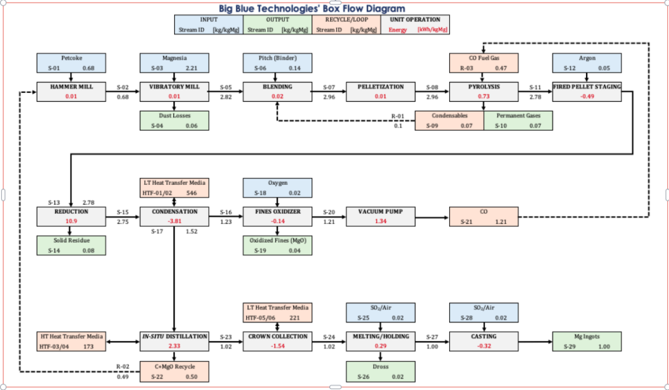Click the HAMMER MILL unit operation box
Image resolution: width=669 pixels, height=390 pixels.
click(x=71, y=91)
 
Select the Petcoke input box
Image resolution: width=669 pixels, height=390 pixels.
click(x=71, y=63)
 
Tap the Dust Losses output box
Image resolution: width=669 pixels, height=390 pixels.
click(x=175, y=120)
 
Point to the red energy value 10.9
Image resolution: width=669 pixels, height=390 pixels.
click(x=71, y=221)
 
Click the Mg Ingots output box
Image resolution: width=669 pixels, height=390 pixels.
click(x=587, y=341)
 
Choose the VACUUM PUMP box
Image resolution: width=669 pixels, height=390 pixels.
click(x=380, y=216)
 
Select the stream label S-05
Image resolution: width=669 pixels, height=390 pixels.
click(x=225, y=87)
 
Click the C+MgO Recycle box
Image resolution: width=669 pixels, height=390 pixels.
click(x=175, y=371)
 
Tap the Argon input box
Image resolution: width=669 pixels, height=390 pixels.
click(x=587, y=63)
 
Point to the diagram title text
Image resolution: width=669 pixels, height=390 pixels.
click(x=312, y=9)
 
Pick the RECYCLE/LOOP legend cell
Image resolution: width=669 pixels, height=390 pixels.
click(x=346, y=25)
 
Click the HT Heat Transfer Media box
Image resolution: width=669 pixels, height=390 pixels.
click(x=71, y=341)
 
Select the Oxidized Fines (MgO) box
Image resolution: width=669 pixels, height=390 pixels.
click(x=278, y=245)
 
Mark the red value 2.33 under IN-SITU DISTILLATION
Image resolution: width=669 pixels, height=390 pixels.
click(x=175, y=346)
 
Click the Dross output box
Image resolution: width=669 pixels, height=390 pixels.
click(x=380, y=371)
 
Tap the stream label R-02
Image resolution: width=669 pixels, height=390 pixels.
click(x=123, y=366)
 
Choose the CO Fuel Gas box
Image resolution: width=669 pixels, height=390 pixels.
click(x=484, y=63)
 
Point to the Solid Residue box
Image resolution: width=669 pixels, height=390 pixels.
click(x=71, y=245)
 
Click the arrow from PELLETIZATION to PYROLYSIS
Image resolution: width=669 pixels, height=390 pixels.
click(x=432, y=92)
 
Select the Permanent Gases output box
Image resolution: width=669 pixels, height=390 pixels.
click(x=518, y=120)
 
